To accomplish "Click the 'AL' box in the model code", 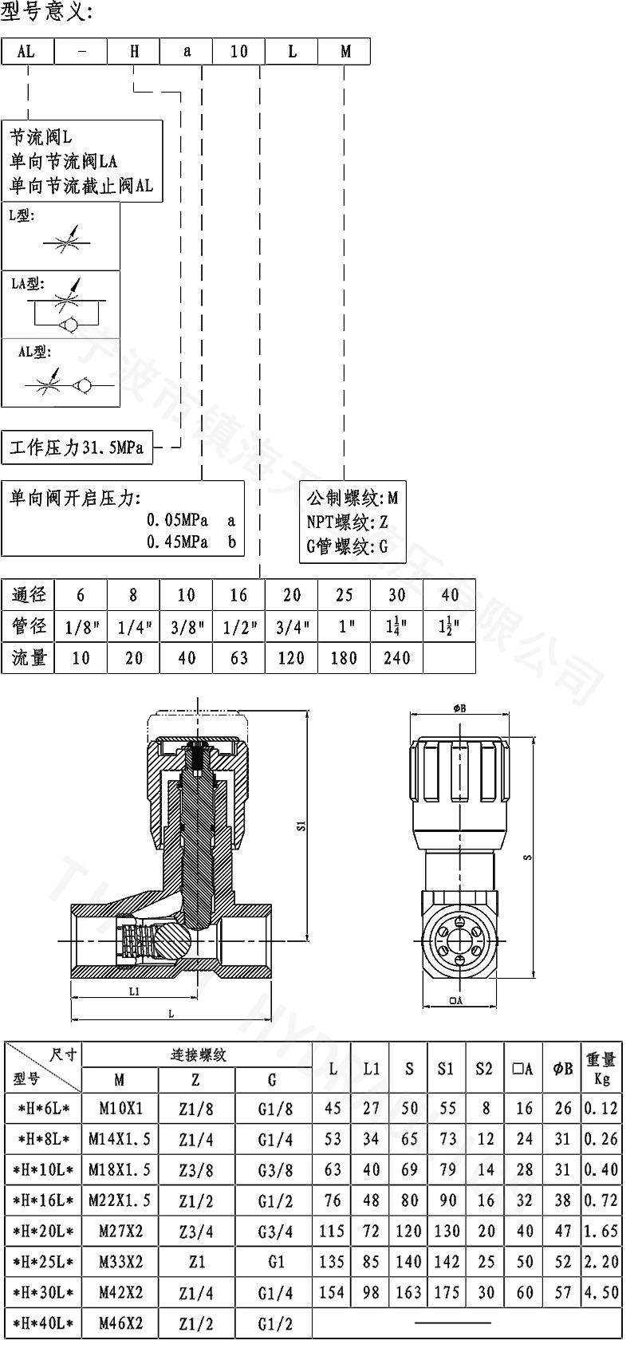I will click(x=27, y=51).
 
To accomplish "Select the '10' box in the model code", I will click(x=238, y=51).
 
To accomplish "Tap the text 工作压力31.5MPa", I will click(x=77, y=448).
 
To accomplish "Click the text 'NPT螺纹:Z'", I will click(x=348, y=522).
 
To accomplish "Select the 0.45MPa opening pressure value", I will click(x=177, y=542).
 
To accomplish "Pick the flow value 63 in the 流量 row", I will click(x=238, y=657).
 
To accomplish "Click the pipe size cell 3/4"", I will click(x=291, y=627).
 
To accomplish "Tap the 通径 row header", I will click(x=29, y=595).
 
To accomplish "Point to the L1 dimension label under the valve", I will click(x=134, y=991).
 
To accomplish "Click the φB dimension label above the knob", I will click(x=459, y=708).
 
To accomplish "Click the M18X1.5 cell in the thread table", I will click(x=120, y=1169).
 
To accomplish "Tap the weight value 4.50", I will click(x=601, y=1292).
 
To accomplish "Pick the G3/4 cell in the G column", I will click(x=272, y=1231).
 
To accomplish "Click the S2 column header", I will click(x=484, y=1069).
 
